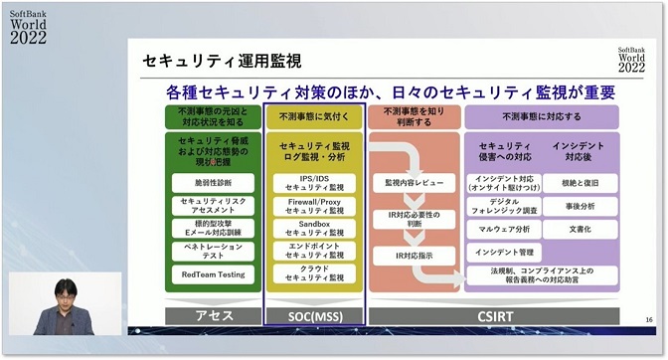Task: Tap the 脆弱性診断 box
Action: pos(213,183)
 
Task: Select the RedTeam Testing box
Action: pos(213,273)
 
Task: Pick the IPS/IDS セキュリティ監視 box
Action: pos(314,183)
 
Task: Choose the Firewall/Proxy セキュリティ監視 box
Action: pos(314,206)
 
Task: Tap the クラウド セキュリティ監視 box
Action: pos(314,273)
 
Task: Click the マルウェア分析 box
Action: pos(502,229)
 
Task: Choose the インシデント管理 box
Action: pos(502,252)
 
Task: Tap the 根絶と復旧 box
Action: pos(581,183)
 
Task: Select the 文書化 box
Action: pos(581,229)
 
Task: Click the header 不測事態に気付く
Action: pos(314,115)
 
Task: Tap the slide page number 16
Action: pos(648,316)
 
